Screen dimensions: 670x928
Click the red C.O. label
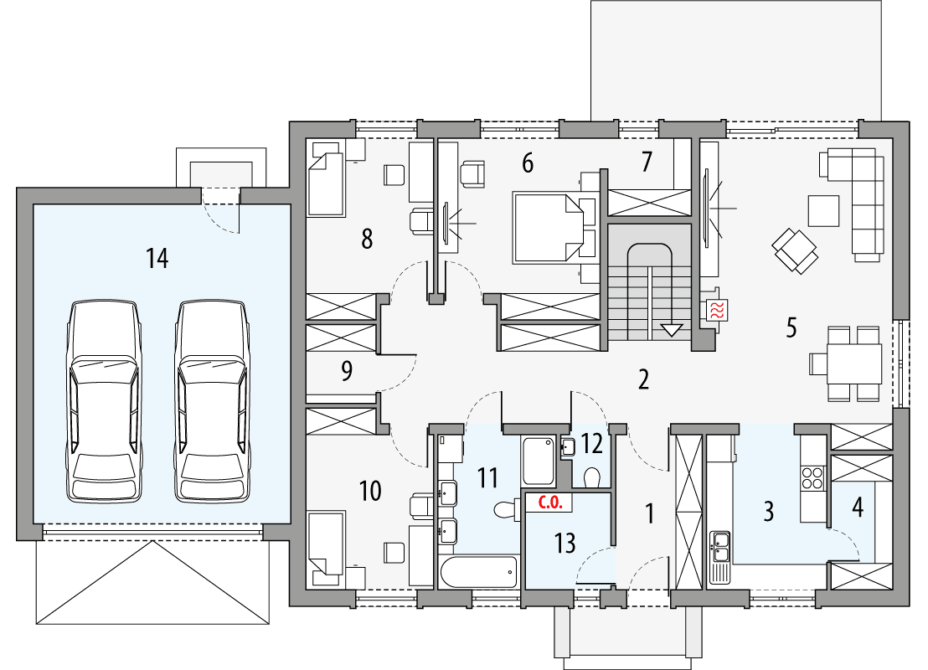point(549,503)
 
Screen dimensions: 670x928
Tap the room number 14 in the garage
point(157,259)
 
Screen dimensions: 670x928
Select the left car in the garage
point(104,402)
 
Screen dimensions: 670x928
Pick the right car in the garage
point(212,402)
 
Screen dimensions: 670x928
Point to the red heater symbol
point(718,310)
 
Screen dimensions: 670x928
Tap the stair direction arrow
point(672,329)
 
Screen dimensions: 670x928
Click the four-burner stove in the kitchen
point(813,478)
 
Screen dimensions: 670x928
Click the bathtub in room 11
point(480,574)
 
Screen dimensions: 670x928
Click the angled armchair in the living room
point(795,250)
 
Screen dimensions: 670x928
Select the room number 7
point(646,162)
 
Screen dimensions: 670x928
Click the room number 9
point(347,371)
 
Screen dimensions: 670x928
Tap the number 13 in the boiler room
point(565,543)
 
